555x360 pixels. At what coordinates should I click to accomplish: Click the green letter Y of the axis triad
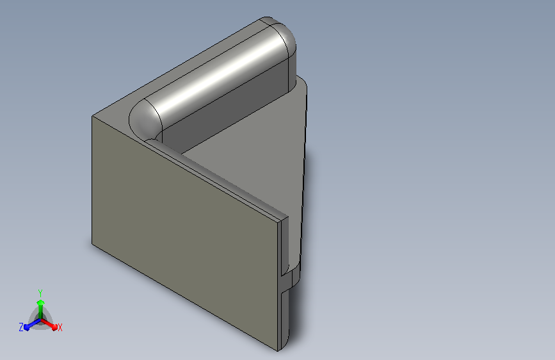click(40, 293)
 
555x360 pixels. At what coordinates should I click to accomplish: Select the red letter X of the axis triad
click(60, 328)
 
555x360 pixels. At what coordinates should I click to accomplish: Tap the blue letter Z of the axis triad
click(21, 327)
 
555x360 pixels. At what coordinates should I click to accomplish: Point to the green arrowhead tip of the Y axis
click(41, 301)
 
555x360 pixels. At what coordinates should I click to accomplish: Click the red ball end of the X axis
click(54, 327)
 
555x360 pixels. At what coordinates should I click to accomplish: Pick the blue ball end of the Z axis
click(26, 327)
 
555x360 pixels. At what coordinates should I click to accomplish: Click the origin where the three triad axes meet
click(41, 320)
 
